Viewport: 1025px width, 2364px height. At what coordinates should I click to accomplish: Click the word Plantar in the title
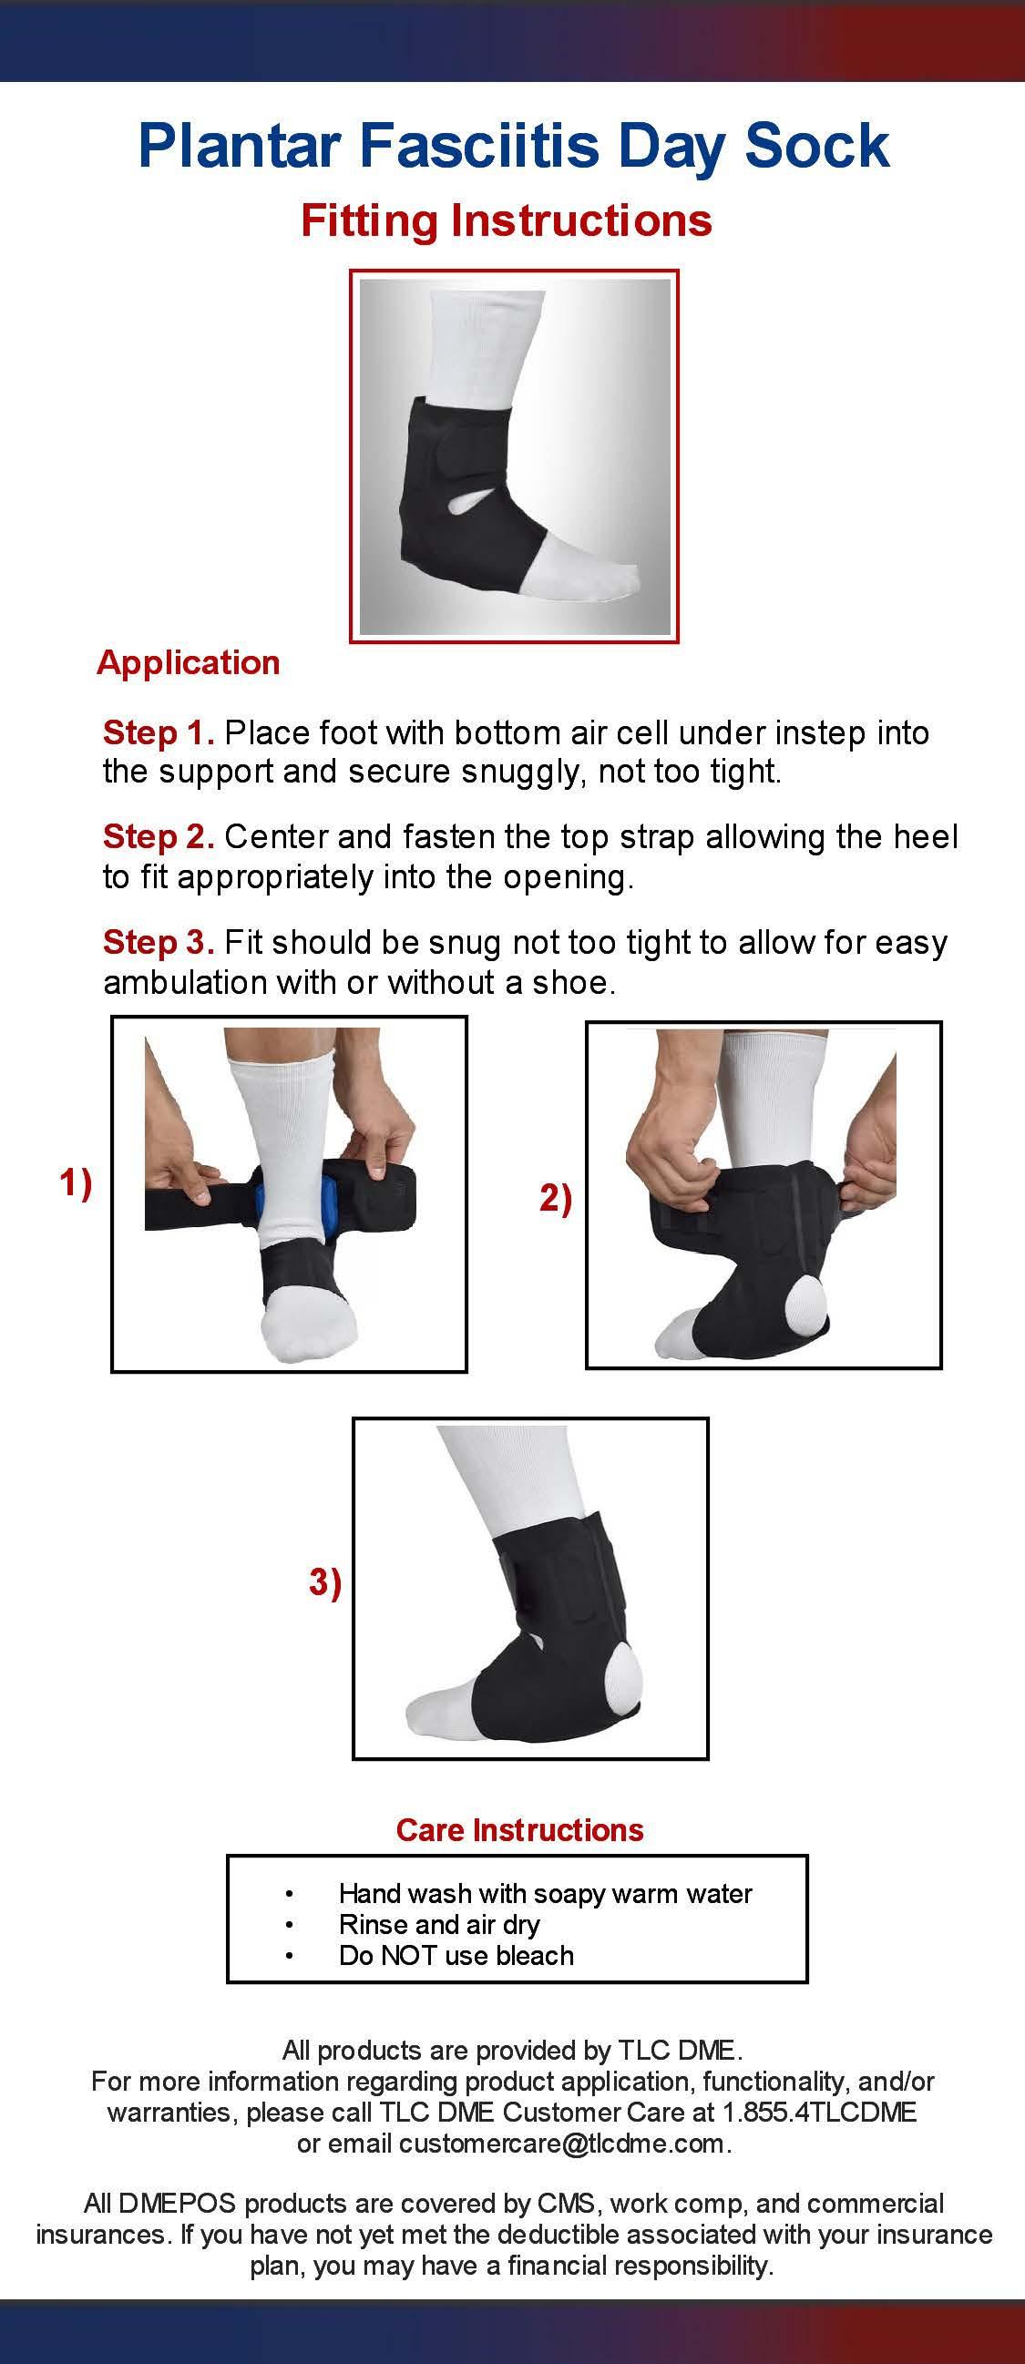pos(241,145)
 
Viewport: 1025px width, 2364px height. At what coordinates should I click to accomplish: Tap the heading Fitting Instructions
pos(507,221)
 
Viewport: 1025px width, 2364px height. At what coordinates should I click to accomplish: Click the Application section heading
pos(188,662)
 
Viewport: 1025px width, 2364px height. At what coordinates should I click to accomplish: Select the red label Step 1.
pos(159,732)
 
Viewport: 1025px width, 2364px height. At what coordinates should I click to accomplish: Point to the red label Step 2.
pos(159,837)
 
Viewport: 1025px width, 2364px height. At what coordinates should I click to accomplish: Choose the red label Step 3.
pos(159,943)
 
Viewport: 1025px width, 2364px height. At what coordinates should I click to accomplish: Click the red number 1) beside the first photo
pos(77,1183)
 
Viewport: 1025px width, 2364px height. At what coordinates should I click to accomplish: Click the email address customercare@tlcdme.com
pos(561,2143)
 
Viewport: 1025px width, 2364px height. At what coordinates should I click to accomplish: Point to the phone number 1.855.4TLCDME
pos(819,2113)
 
